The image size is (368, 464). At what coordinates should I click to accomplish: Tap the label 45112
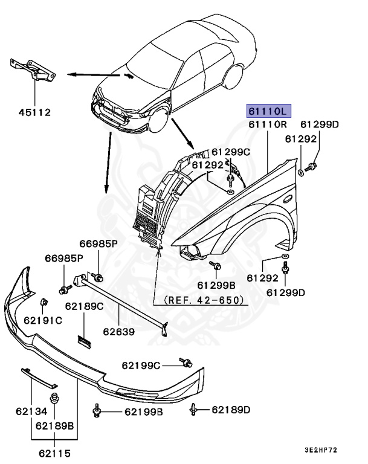pyautogui.click(x=34, y=112)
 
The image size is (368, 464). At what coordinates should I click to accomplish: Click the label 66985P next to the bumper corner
pyautogui.click(x=63, y=259)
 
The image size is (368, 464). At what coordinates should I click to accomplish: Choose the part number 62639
pyautogui.click(x=118, y=331)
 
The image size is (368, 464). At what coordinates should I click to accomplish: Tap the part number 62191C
pyautogui.click(x=43, y=320)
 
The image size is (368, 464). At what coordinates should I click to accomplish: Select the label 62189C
pyautogui.click(x=85, y=306)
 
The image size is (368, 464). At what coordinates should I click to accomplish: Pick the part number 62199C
pyautogui.click(x=141, y=365)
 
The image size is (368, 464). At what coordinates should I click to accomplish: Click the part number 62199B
pyautogui.click(x=144, y=412)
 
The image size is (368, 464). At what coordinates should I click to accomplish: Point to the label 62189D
pyautogui.click(x=231, y=410)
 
